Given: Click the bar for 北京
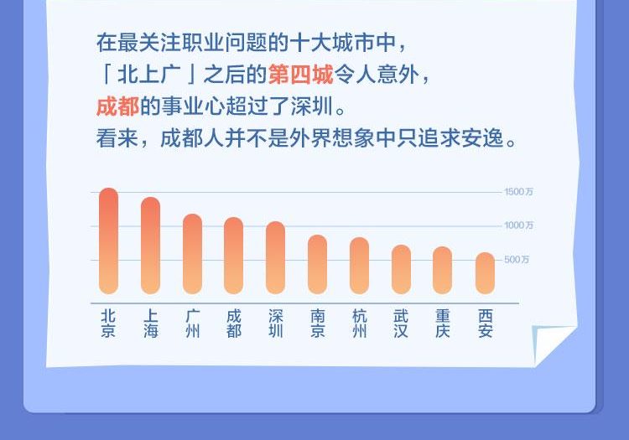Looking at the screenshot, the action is (x=108, y=241).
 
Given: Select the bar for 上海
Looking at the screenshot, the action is (x=150, y=246).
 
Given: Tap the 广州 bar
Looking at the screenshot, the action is (x=192, y=254).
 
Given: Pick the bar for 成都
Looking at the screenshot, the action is (x=233, y=256).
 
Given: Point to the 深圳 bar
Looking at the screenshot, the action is (x=276, y=257).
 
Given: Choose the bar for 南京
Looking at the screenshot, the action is (x=317, y=265).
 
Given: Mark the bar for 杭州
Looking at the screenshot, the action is (x=360, y=266).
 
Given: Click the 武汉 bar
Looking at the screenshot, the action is (x=401, y=269).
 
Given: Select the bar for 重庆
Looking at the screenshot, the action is (x=443, y=271).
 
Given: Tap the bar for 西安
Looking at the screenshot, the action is (x=485, y=273).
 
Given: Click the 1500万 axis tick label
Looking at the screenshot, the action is (x=518, y=192).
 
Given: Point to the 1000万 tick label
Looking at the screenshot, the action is (x=518, y=225).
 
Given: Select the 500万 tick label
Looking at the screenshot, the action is (x=517, y=260).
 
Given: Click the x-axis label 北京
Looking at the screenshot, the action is (x=108, y=324).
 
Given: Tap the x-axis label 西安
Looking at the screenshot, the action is (x=486, y=324).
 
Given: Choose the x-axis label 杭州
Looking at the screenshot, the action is (x=360, y=324).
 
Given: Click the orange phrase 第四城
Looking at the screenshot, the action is (x=301, y=75).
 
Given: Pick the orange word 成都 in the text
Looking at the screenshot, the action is (x=118, y=106).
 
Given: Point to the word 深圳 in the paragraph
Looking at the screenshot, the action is (x=312, y=106).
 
